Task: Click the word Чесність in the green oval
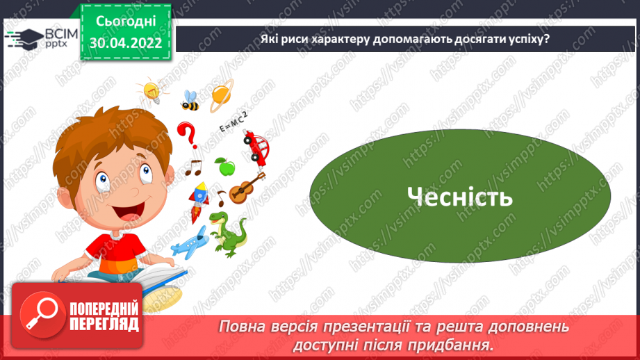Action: pyautogui.click(x=460, y=197)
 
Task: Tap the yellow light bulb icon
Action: pyautogui.click(x=151, y=90)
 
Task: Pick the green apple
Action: pyautogui.click(x=224, y=166)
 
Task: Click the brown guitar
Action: pyautogui.click(x=246, y=187)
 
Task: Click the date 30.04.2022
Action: pyautogui.click(x=125, y=42)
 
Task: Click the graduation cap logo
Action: pyautogui.click(x=23, y=38)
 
